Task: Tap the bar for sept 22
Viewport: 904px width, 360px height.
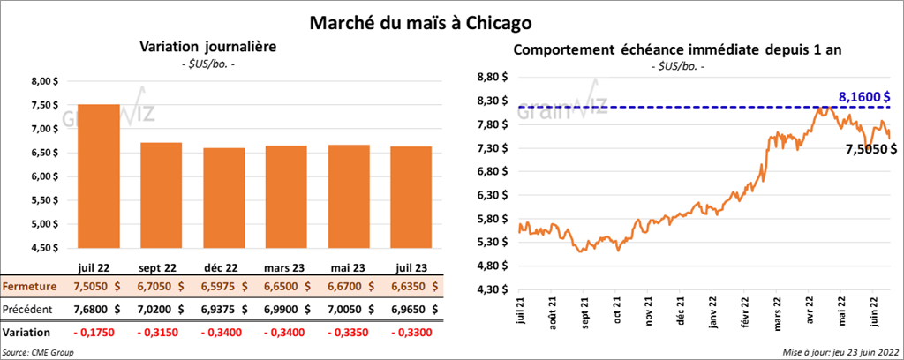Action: pos(161,194)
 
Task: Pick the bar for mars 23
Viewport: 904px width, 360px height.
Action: pos(284,197)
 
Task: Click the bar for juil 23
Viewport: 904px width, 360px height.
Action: pos(408,198)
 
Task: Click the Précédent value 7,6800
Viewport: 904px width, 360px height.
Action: pos(98,310)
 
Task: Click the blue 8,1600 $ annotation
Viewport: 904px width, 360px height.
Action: pos(863,96)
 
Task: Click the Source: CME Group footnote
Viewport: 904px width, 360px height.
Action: pos(37,352)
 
